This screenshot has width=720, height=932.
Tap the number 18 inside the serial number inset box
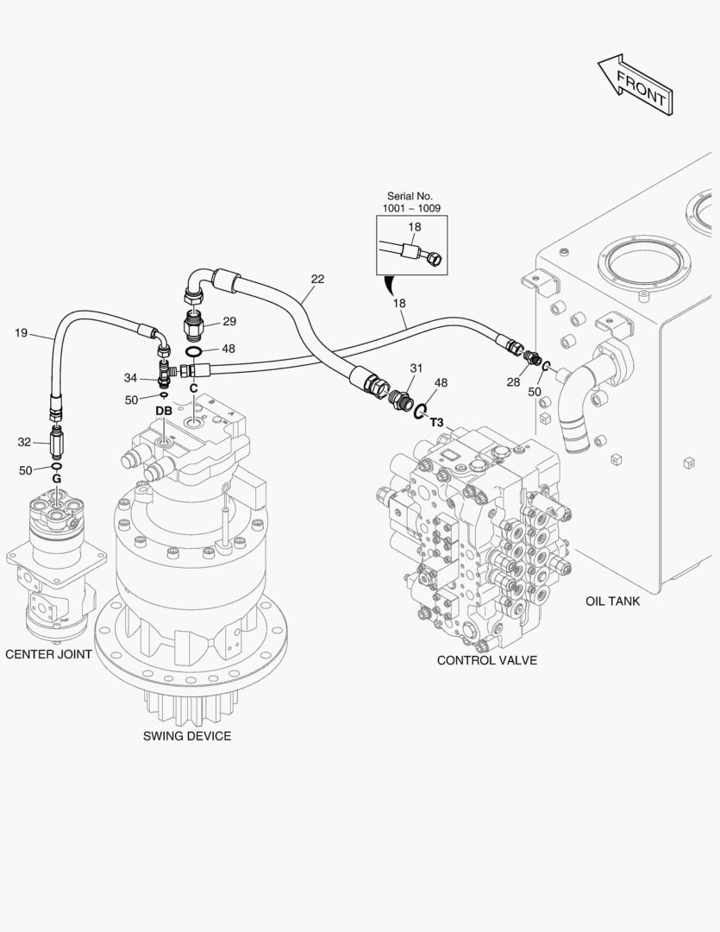click(414, 227)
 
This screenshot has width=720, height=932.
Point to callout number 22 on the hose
click(317, 279)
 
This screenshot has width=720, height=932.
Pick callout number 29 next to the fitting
click(229, 322)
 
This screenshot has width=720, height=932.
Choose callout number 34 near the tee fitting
click(130, 377)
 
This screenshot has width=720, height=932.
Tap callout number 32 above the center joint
click(24, 442)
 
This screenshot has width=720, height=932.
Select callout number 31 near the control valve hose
click(416, 368)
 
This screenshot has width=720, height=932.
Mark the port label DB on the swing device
click(164, 411)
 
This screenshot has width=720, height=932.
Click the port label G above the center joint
click(56, 478)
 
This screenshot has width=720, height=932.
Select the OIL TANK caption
click(612, 601)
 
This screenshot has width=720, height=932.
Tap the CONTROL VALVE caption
click(486, 660)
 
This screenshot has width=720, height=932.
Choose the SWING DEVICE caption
click(186, 736)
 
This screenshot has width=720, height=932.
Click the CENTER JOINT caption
click(48, 654)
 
